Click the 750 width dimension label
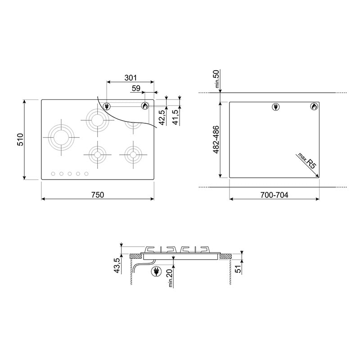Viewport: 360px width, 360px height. coord(98,195)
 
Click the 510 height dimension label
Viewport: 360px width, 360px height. coord(20,139)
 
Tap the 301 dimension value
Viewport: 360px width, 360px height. coord(130,78)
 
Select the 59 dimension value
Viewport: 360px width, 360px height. coord(136,88)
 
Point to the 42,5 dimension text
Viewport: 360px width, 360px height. coord(162,117)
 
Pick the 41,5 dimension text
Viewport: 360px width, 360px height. coord(175,117)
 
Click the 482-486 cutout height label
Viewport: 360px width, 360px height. coord(216,139)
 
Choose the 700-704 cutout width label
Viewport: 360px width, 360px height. coord(274,195)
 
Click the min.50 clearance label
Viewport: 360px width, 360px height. coord(217,79)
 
